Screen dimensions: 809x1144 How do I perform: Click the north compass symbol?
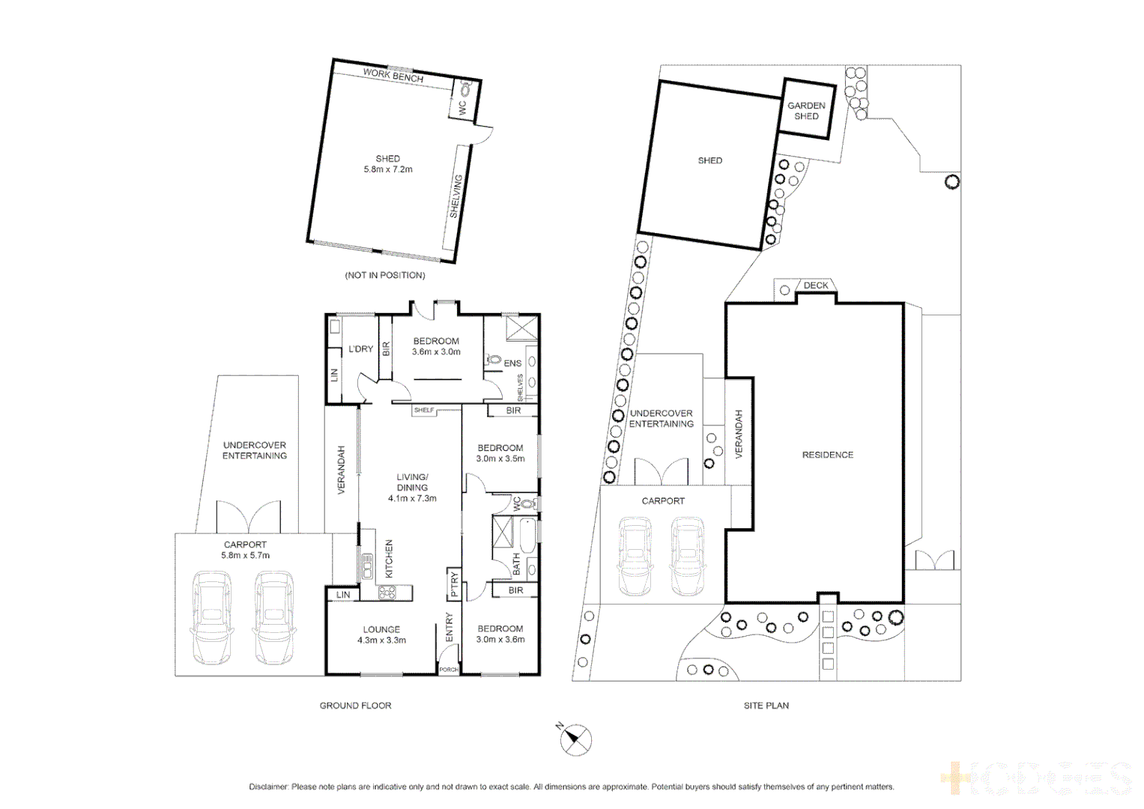pos(575,740)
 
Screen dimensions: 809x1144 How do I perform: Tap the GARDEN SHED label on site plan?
pos(806,111)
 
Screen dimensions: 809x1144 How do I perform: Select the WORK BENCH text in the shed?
pos(393,76)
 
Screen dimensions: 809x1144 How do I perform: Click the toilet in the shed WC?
pos(465,90)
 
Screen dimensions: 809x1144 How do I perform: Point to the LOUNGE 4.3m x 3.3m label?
pos(381,634)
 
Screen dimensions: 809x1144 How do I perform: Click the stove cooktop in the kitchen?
pos(387,593)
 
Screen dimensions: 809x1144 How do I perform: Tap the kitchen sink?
pos(367,566)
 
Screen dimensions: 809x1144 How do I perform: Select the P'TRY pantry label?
pos(454,584)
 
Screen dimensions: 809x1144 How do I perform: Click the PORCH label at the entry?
pos(448,669)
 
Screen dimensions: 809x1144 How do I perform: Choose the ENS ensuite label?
pos(512,363)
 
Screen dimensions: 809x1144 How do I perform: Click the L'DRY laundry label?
pos(360,349)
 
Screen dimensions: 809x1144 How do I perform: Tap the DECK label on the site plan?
pos(816,285)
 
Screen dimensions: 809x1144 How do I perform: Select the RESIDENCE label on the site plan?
pos(827,455)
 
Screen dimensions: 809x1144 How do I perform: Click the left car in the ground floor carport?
pos(212,617)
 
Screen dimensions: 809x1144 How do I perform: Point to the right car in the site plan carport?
pos(687,556)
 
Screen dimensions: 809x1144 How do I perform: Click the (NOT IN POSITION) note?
pos(384,275)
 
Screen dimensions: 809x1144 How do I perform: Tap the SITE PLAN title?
pos(766,706)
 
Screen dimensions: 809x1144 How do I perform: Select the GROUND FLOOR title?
pos(355,706)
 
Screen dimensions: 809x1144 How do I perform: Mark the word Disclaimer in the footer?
pos(268,787)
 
